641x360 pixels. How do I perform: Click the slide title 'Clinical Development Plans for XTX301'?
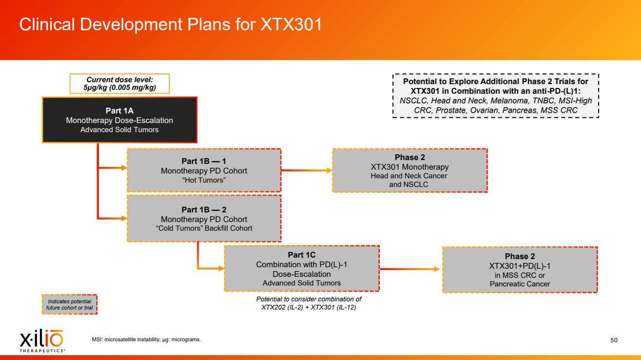170,25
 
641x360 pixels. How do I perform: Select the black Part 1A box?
119,120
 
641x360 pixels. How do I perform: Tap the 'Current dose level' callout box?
119,84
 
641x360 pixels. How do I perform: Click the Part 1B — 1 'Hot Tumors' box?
204,171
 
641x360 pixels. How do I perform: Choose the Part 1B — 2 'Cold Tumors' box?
204,219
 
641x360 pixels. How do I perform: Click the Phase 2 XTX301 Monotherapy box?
410,171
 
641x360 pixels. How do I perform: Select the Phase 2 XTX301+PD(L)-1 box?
519,270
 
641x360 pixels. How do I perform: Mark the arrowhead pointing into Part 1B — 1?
124,168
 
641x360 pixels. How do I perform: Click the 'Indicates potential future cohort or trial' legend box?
69,305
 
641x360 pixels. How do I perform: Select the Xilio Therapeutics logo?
41,340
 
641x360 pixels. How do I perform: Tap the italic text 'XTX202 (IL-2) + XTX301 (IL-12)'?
308,308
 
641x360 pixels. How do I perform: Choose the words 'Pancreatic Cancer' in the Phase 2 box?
519,284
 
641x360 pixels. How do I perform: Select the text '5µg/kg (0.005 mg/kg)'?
119,88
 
